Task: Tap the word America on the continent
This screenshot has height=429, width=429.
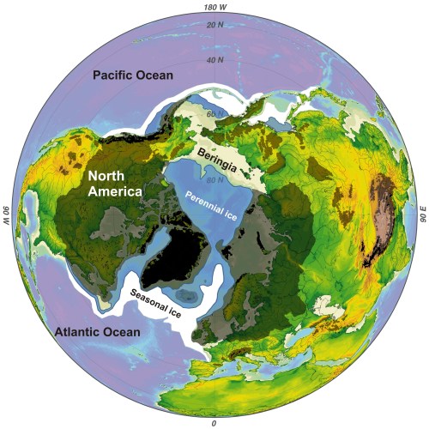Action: pos(112,192)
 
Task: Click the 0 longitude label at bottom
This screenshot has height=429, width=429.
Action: pos(214,423)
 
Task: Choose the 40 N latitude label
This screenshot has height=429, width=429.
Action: pos(214,61)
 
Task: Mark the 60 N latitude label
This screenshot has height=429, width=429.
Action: pos(214,113)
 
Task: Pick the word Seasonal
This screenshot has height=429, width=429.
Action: pos(148,298)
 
